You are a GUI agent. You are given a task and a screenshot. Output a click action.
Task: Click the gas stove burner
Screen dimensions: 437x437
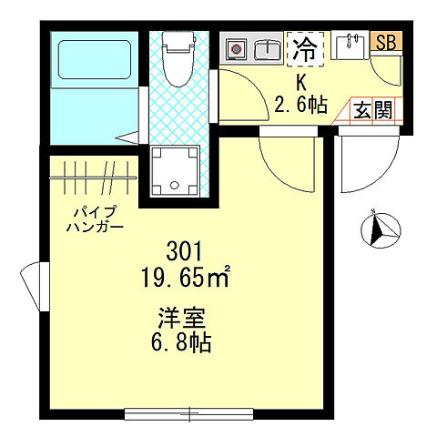(x=238, y=48)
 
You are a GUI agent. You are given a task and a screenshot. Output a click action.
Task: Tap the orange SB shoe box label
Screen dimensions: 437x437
(x=386, y=42)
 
